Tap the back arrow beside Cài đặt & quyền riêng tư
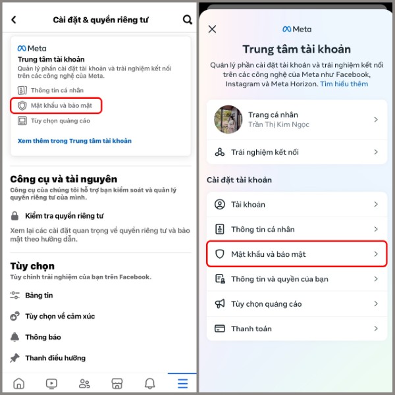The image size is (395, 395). [x=14, y=20]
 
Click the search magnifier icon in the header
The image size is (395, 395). [x=187, y=20]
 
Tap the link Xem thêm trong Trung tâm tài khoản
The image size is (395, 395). [x=74, y=141]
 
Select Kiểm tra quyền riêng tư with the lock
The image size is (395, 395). [x=64, y=216]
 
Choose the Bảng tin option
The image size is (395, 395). [x=39, y=296]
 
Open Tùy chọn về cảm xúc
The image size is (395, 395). [x=60, y=316]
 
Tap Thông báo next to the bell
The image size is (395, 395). [x=43, y=337]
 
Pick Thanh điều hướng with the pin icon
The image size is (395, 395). [x=55, y=358]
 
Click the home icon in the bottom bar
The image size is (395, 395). [x=18, y=383]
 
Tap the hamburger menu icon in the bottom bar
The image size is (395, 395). [x=182, y=383]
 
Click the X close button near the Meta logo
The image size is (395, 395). [x=212, y=29]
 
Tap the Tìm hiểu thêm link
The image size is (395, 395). [x=344, y=84]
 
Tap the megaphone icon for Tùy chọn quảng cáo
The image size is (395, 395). [x=220, y=304]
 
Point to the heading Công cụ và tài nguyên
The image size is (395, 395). [x=64, y=178]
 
